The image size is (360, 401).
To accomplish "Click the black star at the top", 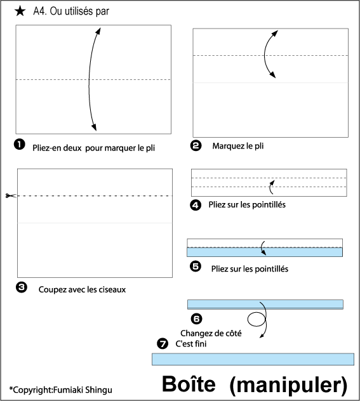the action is [x=20, y=11].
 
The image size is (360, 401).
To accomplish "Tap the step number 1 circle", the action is [x=20, y=145].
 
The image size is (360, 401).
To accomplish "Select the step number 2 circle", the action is [x=196, y=145].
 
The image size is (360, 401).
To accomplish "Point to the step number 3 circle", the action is [x=22, y=287].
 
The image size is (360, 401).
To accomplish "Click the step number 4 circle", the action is [x=196, y=205].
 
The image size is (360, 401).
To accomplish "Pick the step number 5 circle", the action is [x=196, y=266].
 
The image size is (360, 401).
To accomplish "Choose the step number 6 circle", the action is [x=196, y=319].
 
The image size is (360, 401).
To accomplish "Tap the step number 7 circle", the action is [x=163, y=343].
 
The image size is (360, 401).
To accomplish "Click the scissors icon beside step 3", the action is [x=11, y=195].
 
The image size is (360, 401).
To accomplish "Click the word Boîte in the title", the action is [x=189, y=384].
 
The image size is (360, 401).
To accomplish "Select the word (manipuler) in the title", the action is [x=289, y=385].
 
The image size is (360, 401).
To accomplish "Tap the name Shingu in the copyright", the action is [x=98, y=390].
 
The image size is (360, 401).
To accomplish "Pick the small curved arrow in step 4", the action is [x=272, y=187].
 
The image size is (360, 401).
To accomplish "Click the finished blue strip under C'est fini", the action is [x=253, y=359].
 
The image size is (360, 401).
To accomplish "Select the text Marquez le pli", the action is [x=238, y=146].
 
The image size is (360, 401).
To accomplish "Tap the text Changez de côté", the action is [x=211, y=333].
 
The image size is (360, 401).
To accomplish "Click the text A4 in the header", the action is [x=40, y=11].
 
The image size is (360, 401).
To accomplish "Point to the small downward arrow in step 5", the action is [x=262, y=248].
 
